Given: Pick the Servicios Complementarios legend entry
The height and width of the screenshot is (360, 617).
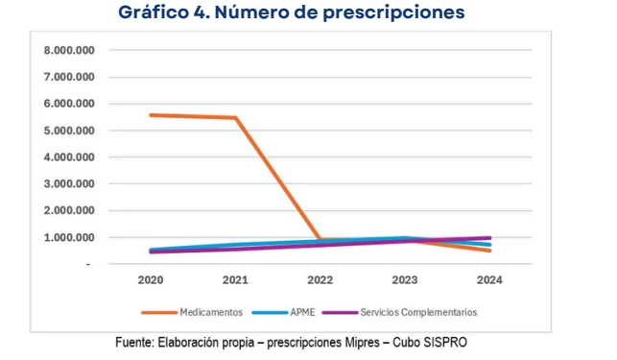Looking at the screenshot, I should pyautogui.click(x=418, y=312).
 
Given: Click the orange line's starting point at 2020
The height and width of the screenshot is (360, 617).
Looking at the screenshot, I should pyautogui.click(x=152, y=115).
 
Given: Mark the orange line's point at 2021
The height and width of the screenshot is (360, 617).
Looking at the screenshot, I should pyautogui.click(x=236, y=118).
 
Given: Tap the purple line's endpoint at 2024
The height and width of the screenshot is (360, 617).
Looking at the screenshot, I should pyautogui.click(x=489, y=238).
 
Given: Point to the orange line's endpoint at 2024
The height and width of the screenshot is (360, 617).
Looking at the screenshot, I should pyautogui.click(x=489, y=250).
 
